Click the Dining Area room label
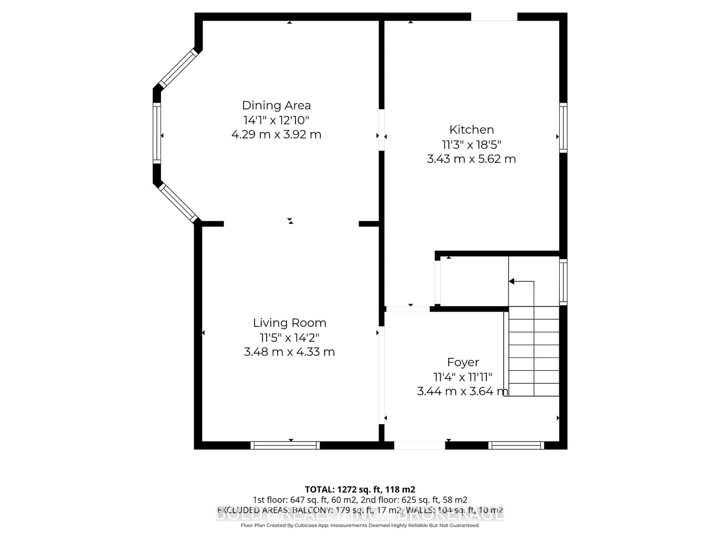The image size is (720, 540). click(276, 105)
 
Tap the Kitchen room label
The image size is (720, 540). click(471, 130)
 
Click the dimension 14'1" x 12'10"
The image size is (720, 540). click(276, 120)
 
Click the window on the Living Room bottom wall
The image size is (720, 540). click(285, 445)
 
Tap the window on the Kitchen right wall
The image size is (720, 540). click(563, 128)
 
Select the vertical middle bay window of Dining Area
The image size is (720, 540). click(157, 133)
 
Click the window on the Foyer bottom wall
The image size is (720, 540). click(516, 445)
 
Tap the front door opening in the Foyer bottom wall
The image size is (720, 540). click(420, 445)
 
